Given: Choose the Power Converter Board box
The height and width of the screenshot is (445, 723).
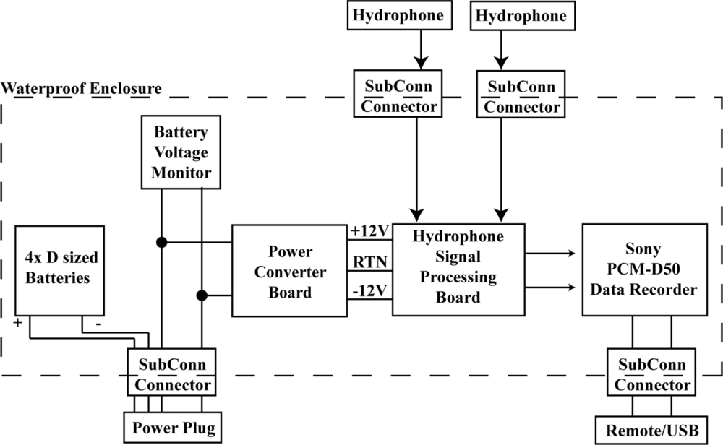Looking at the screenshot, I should [289, 271].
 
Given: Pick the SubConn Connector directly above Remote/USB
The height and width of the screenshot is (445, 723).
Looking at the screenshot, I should [652, 373].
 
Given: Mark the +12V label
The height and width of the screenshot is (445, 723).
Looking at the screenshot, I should [370, 231].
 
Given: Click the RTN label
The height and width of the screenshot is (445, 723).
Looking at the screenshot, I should [370, 262].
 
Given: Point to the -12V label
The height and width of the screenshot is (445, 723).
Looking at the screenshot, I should [370, 290].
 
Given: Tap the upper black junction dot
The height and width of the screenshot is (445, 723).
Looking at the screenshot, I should [163, 241].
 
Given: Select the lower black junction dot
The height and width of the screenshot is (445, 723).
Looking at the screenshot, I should [202, 295].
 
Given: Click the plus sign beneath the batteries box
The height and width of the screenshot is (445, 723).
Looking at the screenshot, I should [17, 323].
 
